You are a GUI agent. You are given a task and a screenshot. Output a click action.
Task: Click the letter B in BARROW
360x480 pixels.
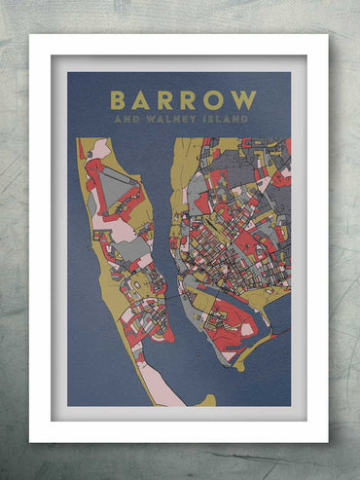118,100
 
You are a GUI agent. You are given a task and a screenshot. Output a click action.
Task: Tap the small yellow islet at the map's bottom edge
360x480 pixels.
205,400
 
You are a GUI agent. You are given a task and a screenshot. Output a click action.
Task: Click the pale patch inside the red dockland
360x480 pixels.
247,329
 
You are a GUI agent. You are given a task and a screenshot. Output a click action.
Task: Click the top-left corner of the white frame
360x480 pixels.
31,36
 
